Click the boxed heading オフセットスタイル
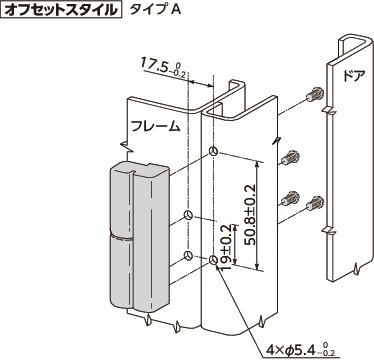(62, 11)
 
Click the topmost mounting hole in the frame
(214, 152)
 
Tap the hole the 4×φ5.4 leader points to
(214, 263)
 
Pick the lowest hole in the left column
(187, 257)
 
